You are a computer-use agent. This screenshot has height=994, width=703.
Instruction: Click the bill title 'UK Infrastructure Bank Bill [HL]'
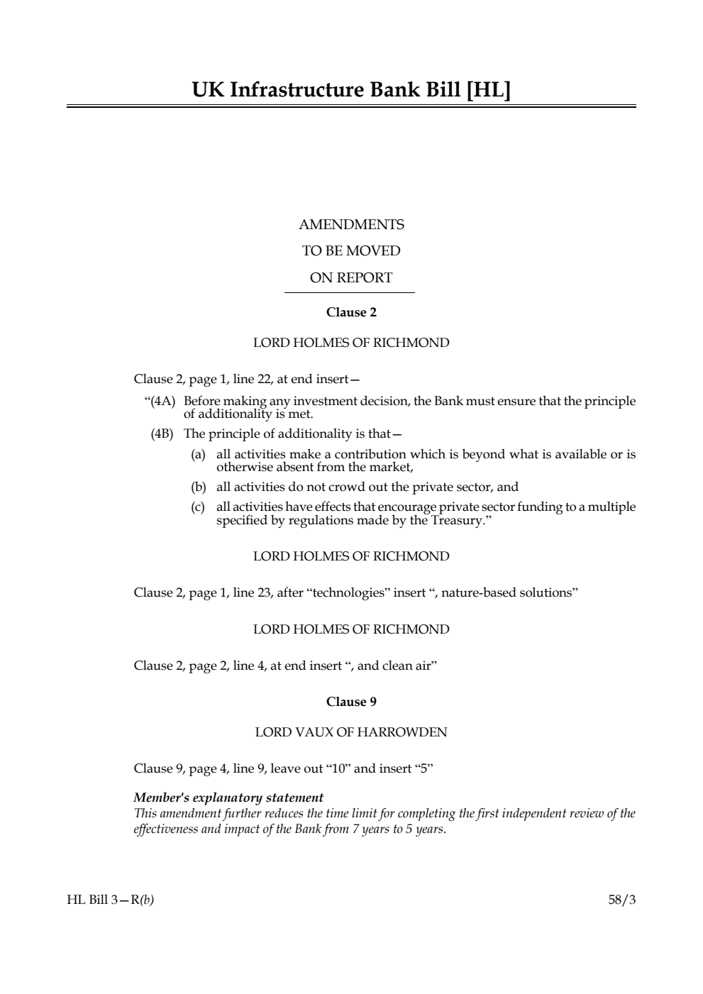point(351,90)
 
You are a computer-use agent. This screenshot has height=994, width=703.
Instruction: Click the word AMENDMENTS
point(351,225)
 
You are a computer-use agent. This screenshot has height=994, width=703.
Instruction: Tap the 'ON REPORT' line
point(351,278)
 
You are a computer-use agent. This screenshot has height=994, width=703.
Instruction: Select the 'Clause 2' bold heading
point(351,312)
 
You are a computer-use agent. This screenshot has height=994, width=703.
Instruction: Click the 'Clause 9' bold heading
point(351,702)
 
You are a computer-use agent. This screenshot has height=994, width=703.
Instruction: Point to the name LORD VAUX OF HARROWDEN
point(351,732)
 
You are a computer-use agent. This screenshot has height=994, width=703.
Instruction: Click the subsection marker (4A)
point(160,402)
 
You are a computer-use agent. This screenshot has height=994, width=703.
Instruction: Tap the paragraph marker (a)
point(198,454)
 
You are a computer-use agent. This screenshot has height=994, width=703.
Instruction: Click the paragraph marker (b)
point(198,487)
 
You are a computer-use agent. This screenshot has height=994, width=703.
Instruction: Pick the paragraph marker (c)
point(198,507)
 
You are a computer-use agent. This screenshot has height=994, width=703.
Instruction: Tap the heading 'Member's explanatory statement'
point(228,797)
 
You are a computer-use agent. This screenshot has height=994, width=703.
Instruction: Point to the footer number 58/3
point(622,900)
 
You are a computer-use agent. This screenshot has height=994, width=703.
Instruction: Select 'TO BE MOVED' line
point(351,251)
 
